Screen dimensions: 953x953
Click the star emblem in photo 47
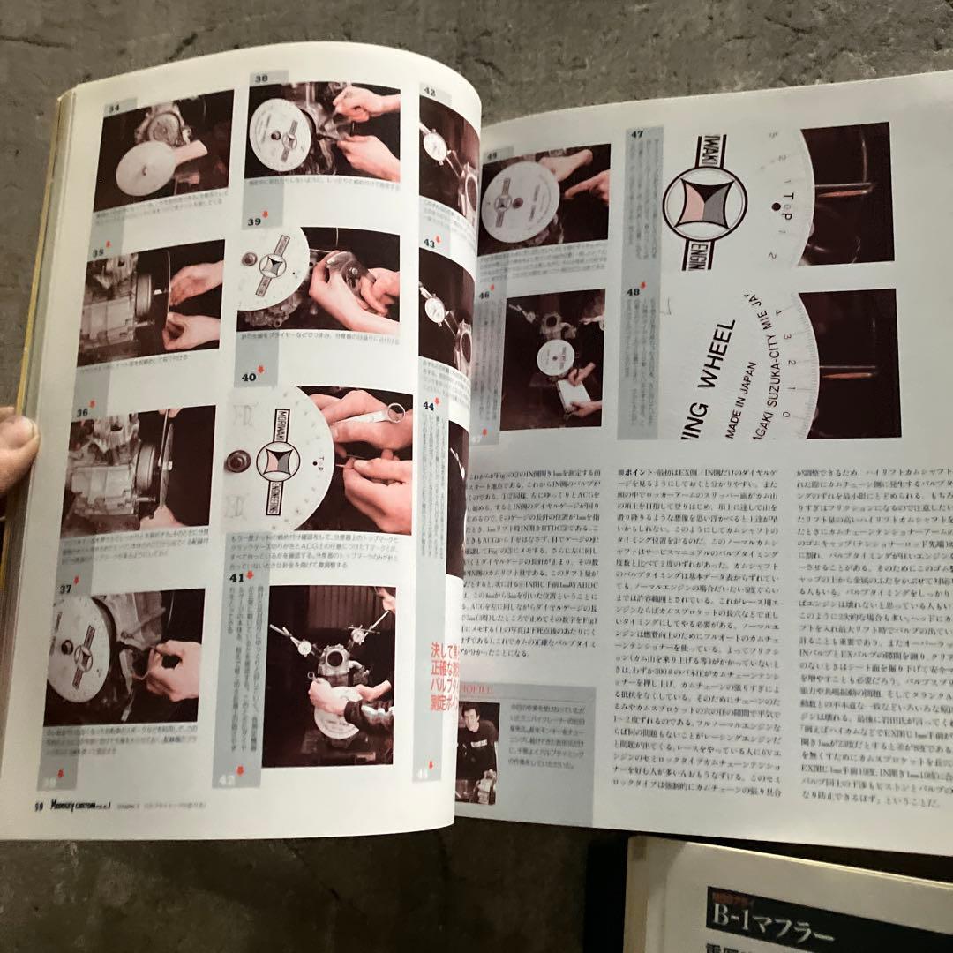click(x=704, y=205)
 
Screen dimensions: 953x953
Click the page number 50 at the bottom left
click(x=38, y=804)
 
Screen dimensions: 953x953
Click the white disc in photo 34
click(x=146, y=168)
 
